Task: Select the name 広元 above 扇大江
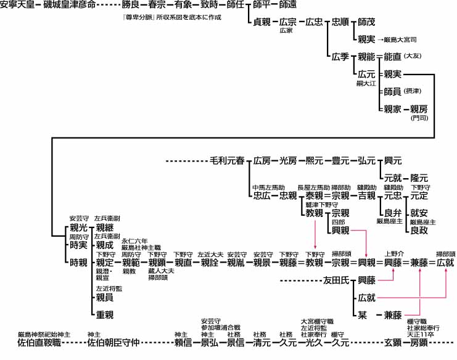pos(366,74)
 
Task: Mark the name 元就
pos(392,178)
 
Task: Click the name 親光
pos(78,228)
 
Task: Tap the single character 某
pos(363,314)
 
